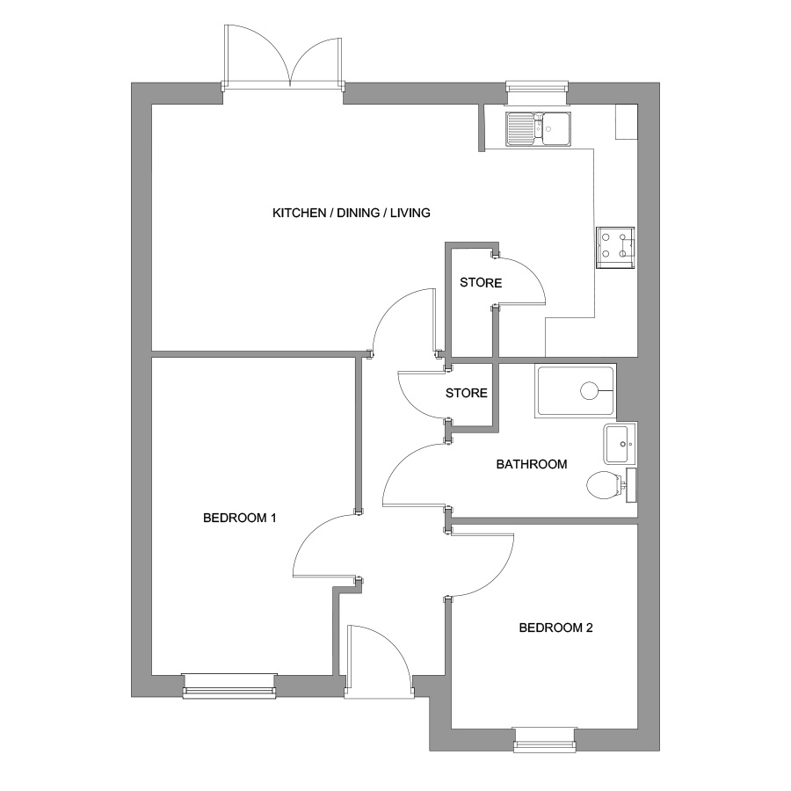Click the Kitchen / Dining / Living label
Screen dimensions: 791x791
point(351,213)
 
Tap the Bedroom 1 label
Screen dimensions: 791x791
point(240,518)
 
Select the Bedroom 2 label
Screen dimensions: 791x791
point(556,628)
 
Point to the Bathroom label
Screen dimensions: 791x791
point(532,464)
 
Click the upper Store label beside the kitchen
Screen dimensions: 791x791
point(481,282)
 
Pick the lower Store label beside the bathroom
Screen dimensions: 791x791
point(467,393)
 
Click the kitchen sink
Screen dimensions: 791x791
point(539,128)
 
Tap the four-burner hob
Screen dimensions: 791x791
point(615,247)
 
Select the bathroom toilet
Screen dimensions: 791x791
point(612,485)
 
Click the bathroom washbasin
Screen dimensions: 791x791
point(620,444)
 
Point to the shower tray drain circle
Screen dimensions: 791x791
point(589,390)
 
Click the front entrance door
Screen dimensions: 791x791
point(379,661)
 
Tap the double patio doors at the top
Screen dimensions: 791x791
point(283,58)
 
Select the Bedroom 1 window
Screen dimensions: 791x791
point(229,686)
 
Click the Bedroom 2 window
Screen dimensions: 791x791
point(544,739)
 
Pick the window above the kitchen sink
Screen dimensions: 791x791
point(538,87)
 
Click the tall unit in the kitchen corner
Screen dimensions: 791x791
point(627,121)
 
